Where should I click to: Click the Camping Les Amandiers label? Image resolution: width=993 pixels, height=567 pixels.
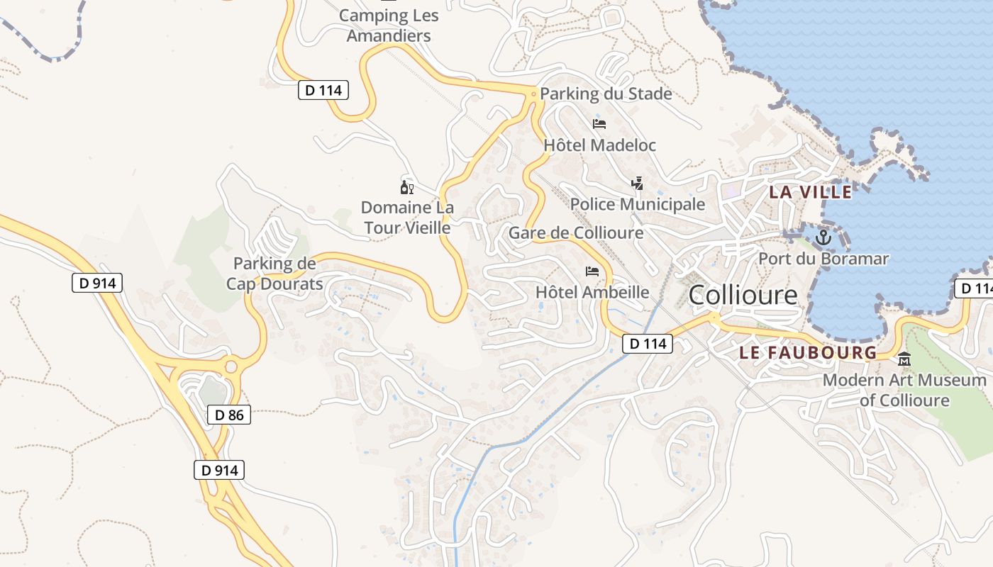tap(389, 26)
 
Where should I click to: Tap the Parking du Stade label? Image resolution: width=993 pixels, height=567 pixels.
tap(606, 94)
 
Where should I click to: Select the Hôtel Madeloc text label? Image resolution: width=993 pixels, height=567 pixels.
tap(599, 145)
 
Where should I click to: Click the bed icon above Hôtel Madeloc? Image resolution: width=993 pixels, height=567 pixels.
tap(599, 124)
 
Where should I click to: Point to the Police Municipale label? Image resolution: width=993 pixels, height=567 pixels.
tap(638, 205)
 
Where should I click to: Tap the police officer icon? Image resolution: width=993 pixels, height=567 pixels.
tap(637, 184)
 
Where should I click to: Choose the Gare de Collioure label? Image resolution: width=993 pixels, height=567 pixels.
tap(576, 232)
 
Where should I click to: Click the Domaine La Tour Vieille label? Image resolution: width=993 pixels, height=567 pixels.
tap(407, 217)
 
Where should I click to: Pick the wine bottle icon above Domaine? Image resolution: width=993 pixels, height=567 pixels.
tap(407, 188)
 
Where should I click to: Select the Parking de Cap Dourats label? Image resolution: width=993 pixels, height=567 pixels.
tap(274, 274)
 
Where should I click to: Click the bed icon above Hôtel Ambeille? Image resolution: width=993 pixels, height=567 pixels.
tap(592, 271)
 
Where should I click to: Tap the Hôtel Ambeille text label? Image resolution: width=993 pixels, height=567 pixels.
tap(592, 292)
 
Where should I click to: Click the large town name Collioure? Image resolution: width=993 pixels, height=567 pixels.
tap(743, 296)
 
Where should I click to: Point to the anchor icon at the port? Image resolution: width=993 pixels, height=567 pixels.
tap(823, 237)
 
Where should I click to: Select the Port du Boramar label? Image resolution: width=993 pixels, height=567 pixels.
tap(823, 259)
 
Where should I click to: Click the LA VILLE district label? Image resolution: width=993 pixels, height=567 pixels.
tap(811, 191)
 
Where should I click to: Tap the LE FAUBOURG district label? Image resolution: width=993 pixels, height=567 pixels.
tap(808, 352)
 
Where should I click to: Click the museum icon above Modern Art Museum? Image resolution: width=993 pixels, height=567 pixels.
tap(904, 360)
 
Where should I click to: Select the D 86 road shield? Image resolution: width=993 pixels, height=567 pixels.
tap(229, 415)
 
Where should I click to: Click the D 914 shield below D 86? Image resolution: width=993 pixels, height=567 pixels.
tap(218, 470)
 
